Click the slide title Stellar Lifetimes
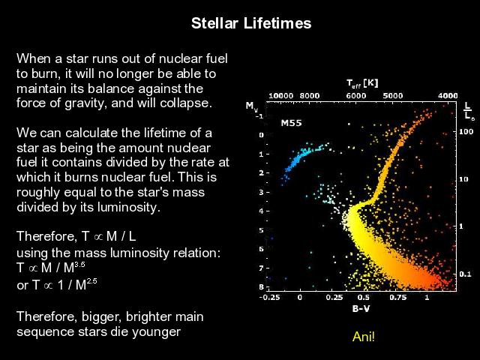[251, 23]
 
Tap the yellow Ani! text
[363, 337]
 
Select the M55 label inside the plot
[291, 123]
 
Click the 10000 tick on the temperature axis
[280, 96]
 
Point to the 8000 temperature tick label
[310, 96]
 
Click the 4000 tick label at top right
[448, 96]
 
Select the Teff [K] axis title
[362, 83]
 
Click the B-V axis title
[361, 308]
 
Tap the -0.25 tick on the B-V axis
[270, 297]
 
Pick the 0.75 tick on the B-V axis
[398, 297]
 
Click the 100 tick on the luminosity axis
[466, 132]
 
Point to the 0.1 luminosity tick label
[465, 274]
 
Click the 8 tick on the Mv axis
[262, 286]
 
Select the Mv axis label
[252, 106]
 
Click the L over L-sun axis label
[468, 112]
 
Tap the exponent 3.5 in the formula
[79, 264]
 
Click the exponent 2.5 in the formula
[91, 280]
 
